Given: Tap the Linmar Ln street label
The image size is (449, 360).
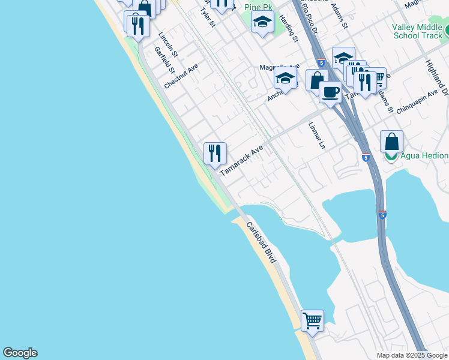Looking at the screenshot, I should point(316,136).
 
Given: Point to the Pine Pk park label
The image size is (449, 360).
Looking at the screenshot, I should point(259,7).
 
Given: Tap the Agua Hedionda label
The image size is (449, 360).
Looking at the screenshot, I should point(424,156).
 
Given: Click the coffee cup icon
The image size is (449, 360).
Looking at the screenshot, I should point(330,93).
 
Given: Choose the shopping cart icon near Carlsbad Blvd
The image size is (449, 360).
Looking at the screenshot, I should point(312,320).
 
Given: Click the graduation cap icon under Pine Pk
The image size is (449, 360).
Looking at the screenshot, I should point(262,23).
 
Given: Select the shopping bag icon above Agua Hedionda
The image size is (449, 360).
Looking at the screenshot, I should point(391,142).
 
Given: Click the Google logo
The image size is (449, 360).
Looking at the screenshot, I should point(20,353).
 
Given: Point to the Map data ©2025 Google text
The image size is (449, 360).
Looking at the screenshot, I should point(411,355).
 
